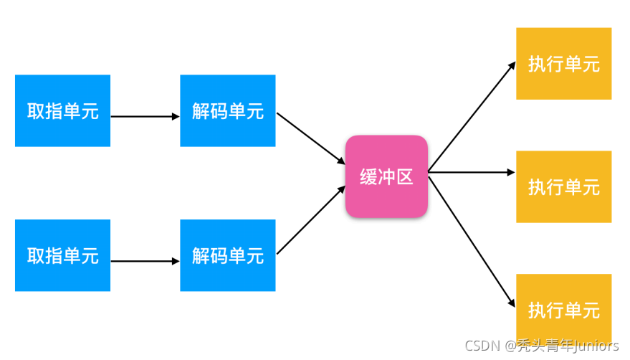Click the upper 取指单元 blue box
(x=62, y=110)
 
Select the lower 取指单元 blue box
(x=62, y=255)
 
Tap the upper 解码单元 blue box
(x=227, y=110)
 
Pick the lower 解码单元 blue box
(x=227, y=255)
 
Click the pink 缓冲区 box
(x=386, y=176)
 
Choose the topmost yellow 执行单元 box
(x=563, y=63)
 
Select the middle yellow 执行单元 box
(x=563, y=186)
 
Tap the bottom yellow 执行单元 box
(x=563, y=310)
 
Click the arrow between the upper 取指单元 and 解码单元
(x=145, y=116)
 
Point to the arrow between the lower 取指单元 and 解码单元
(x=145, y=261)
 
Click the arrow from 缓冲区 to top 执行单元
(x=472, y=117)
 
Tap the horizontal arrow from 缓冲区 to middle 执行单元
(x=472, y=172)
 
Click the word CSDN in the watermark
(x=477, y=346)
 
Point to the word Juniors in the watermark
(x=594, y=346)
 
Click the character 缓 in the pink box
(x=368, y=177)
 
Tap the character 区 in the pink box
(x=405, y=177)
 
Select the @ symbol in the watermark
(x=510, y=346)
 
